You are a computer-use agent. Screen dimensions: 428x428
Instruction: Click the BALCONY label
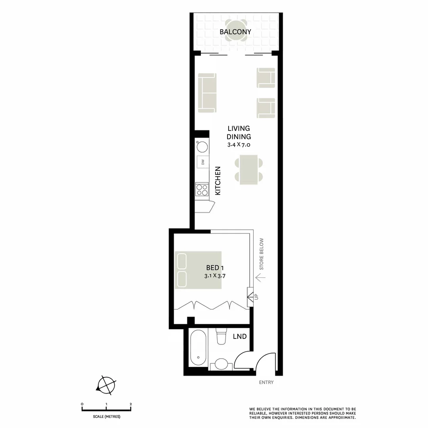[235, 32]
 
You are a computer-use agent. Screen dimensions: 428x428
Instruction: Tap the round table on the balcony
[236, 31]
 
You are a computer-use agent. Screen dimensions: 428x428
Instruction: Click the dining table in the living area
[248, 170]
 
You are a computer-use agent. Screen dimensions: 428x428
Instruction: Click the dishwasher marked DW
[203, 162]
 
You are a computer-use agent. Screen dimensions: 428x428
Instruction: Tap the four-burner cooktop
[202, 190]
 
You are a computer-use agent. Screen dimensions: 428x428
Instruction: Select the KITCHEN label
[217, 181]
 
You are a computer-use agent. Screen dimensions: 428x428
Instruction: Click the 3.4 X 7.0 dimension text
[239, 145]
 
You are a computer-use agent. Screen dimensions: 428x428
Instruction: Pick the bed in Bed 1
[198, 269]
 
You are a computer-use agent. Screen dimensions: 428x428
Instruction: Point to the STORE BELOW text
[261, 254]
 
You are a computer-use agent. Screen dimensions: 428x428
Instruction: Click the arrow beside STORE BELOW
[260, 277]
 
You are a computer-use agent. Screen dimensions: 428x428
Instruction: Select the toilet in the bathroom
[221, 336]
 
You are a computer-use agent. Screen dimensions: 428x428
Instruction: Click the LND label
[240, 336]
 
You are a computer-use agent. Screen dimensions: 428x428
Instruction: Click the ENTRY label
[266, 382]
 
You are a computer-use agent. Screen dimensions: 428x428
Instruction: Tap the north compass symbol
[106, 385]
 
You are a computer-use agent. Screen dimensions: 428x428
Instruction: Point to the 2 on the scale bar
[131, 404]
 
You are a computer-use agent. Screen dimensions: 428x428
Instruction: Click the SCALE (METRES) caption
[107, 417]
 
